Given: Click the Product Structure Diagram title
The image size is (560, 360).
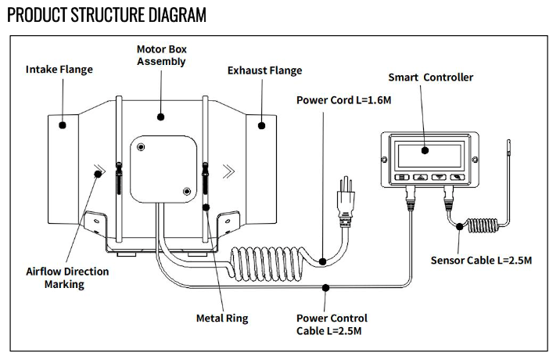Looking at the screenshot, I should (107, 15).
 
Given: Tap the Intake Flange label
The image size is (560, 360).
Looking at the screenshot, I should (59, 70).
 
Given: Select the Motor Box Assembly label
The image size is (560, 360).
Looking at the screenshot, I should (162, 55).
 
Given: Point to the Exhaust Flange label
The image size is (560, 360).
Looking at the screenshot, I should (264, 70).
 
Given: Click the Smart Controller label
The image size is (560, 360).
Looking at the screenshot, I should (431, 77).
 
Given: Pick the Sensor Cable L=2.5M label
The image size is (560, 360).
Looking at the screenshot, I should (482, 259).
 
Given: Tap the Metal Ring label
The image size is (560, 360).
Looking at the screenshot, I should (222, 319).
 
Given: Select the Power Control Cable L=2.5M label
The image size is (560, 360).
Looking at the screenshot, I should (332, 325).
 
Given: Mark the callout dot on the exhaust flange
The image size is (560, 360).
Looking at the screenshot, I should (263, 124).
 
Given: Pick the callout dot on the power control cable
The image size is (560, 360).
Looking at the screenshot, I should (325, 287).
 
